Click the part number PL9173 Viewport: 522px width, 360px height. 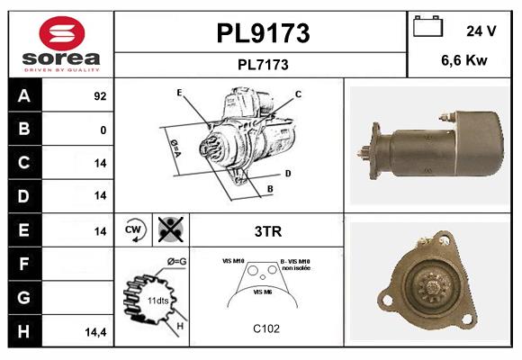263,33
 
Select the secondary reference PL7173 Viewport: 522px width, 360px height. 263,64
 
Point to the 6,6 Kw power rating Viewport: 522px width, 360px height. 464,61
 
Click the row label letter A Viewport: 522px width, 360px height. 23,95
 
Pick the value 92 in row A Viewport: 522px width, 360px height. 100,96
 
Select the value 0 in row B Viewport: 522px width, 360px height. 103,130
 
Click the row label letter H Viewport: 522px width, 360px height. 23,331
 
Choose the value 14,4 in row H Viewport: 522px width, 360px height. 96,332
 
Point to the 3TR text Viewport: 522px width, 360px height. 268,231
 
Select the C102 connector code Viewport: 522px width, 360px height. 266,328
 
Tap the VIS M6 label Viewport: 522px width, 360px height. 264,292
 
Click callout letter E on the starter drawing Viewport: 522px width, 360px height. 179,93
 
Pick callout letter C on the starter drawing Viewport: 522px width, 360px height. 298,94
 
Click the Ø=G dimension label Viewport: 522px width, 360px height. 176,262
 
